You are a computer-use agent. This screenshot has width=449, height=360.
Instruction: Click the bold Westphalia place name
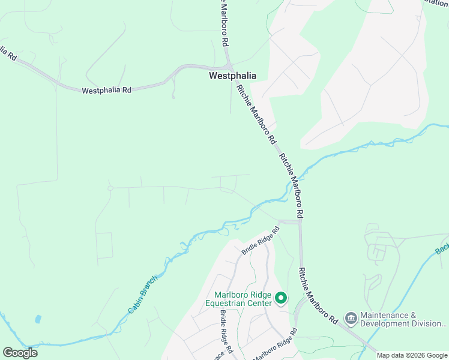[232, 76]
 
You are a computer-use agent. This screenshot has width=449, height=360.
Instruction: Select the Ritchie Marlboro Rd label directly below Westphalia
[256, 115]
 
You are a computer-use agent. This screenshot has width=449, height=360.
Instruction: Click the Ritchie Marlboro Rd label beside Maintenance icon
[316, 297]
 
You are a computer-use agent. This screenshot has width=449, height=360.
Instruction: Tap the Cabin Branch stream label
[142, 294]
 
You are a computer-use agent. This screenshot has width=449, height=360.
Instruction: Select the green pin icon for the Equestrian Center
[280, 298]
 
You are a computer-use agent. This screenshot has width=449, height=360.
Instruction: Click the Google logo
[20, 353]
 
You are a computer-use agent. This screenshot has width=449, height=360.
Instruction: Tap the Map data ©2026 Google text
[412, 355]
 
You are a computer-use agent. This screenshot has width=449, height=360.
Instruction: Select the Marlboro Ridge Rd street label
[274, 346]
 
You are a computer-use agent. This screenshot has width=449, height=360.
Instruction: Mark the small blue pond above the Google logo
[38, 319]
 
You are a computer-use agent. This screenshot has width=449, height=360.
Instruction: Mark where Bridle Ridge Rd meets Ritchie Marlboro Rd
[299, 222]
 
